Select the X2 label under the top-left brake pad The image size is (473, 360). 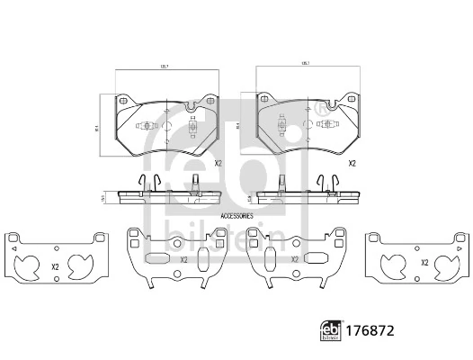pyautogui.click(x=218, y=164)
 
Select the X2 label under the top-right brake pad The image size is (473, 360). pyautogui.click(x=352, y=164)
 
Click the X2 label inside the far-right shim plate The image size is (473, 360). pyautogui.click(x=423, y=263)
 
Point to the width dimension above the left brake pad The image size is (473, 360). pyautogui.click(x=165, y=68)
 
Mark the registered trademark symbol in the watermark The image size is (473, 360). pyautogui.click(x=321, y=108)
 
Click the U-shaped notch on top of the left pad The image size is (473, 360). pyautogui.click(x=190, y=106)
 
